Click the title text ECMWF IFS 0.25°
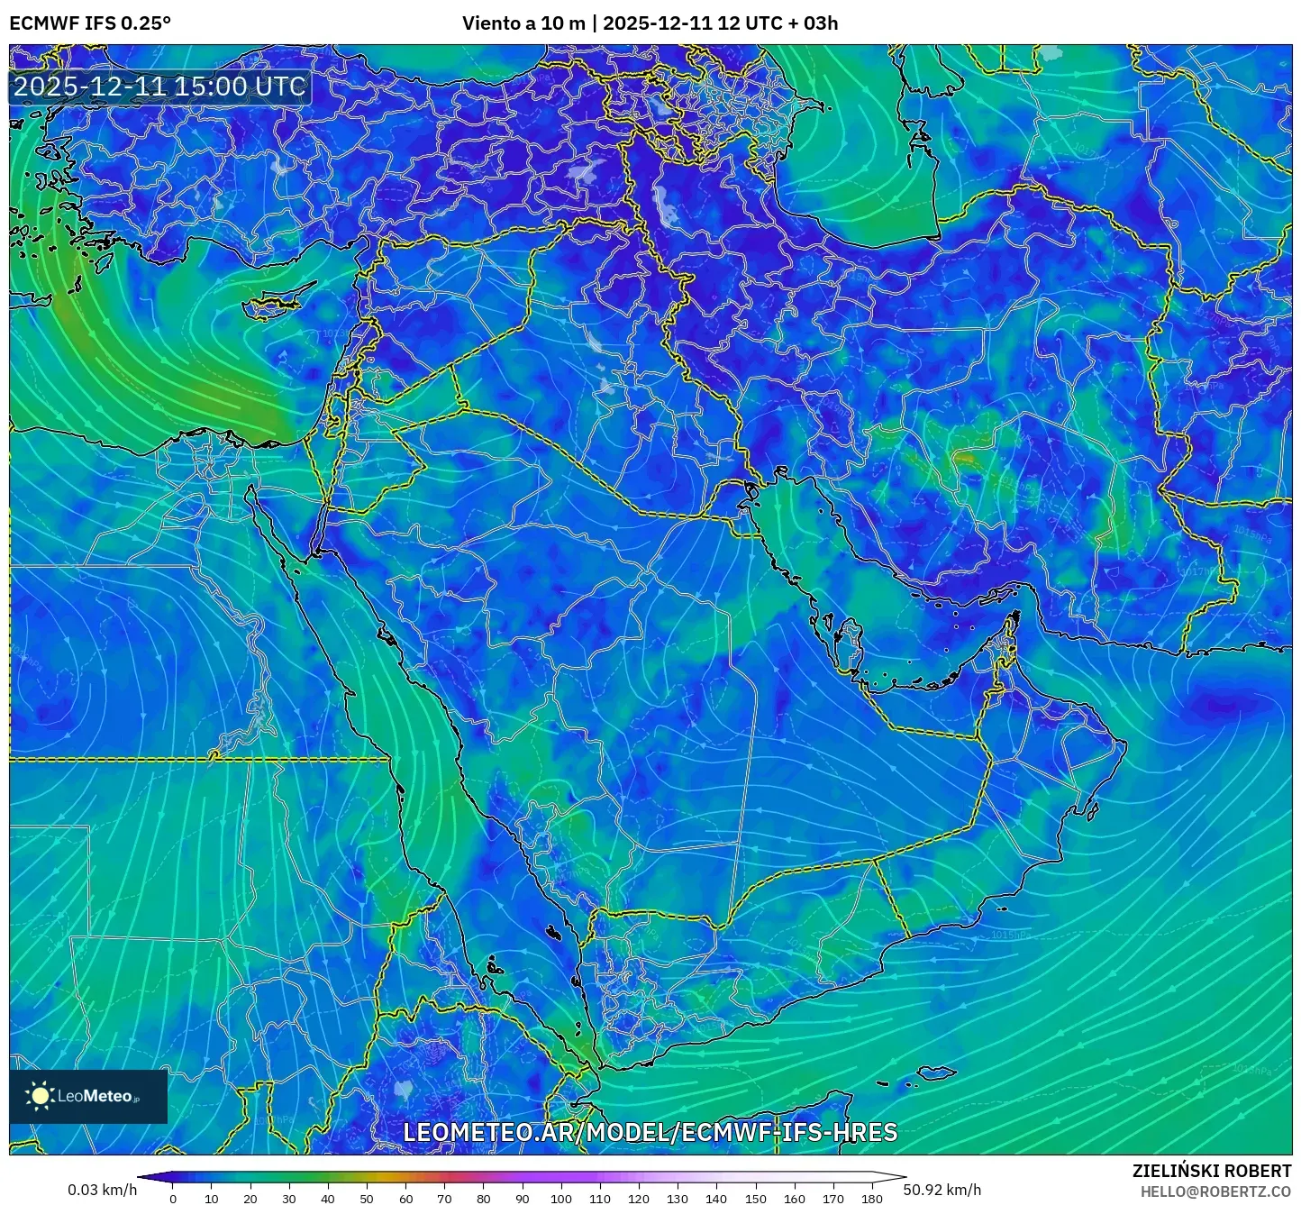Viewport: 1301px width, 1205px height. tap(90, 23)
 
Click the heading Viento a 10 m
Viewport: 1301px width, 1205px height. tap(523, 23)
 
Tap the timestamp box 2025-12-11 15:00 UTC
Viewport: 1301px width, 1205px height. tap(159, 87)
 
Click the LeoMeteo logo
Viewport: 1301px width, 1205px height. tap(88, 1096)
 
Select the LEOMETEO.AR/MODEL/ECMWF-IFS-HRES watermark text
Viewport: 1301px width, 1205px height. tap(650, 1132)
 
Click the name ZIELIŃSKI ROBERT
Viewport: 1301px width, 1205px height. tap(1211, 1171)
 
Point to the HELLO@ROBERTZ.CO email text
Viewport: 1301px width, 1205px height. tap(1215, 1191)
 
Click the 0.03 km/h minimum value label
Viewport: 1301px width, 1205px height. tap(102, 1190)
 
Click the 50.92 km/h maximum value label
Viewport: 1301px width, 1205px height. tap(942, 1190)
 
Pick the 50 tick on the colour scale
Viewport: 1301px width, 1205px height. tap(367, 1199)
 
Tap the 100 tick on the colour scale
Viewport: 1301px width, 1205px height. tap(560, 1199)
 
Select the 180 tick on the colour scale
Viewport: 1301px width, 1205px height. tap(871, 1199)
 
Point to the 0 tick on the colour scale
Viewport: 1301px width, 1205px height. tap(173, 1199)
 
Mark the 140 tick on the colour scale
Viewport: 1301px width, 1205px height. tap(716, 1199)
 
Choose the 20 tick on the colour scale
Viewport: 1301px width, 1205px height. tap(250, 1199)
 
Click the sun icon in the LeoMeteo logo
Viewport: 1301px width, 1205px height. tap(40, 1096)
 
